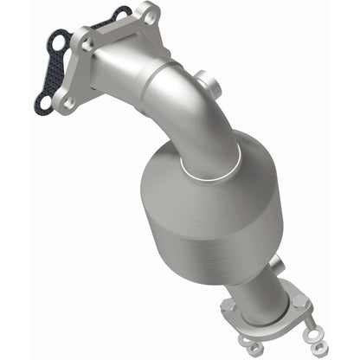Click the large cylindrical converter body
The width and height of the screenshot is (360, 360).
(208, 216)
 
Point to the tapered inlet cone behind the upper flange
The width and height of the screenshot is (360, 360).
(121, 65)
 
